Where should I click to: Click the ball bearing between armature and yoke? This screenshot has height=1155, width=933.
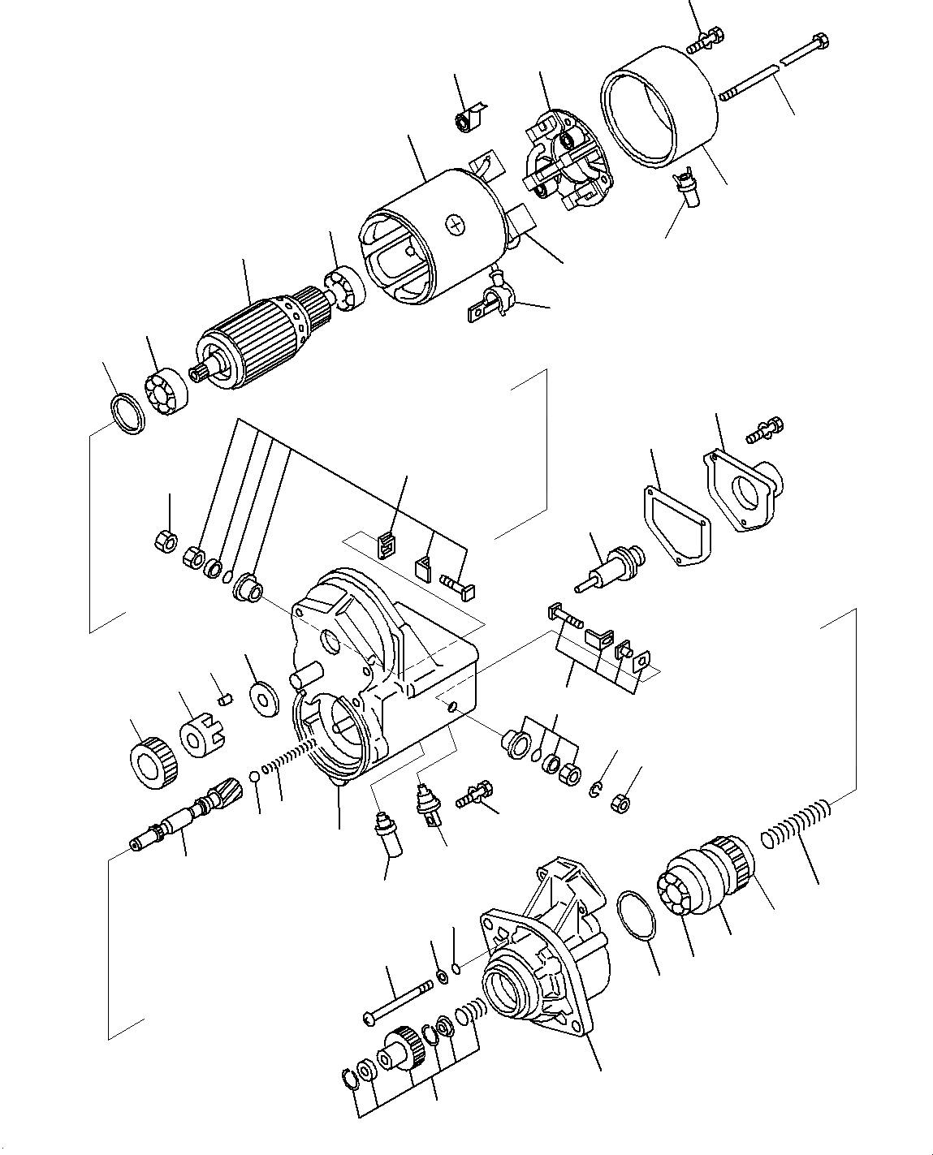click(x=344, y=289)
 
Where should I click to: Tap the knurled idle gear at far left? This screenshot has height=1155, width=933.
click(x=153, y=763)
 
